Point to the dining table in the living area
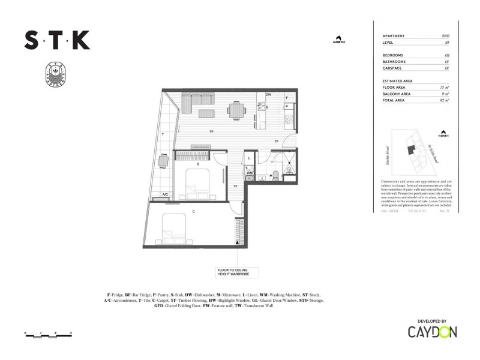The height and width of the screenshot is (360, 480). [x=236, y=110]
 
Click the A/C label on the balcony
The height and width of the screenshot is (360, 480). [x=164, y=194]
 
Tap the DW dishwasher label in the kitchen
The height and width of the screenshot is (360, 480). [x=269, y=95]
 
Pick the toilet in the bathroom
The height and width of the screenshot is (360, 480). [x=275, y=175]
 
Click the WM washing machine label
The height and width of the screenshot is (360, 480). [x=250, y=172]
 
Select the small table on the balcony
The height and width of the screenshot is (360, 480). [x=163, y=161]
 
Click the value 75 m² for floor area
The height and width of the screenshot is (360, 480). [x=445, y=88]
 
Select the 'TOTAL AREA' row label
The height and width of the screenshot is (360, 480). [x=395, y=101]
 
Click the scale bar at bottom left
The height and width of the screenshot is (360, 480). [x=48, y=333]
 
